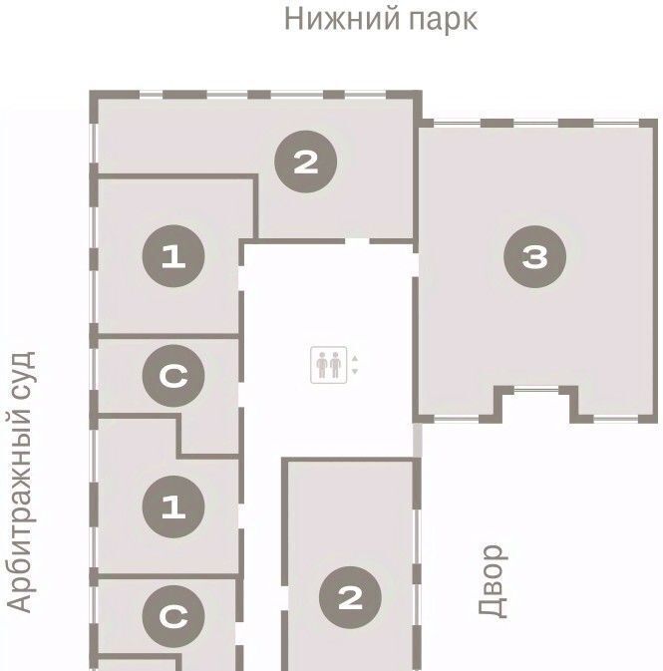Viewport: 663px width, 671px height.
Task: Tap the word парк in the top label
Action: pos(444,21)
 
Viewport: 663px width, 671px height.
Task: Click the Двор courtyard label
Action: pos(493,581)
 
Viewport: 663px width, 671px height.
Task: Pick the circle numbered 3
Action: pos(535,257)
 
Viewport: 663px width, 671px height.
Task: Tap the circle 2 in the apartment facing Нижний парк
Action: pos(306,162)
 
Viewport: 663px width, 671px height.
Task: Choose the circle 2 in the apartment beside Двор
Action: pos(350,598)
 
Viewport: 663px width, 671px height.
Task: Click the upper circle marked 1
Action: pos(173,256)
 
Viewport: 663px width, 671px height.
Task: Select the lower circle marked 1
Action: pos(173,506)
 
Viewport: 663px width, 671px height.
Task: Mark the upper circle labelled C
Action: pos(173,376)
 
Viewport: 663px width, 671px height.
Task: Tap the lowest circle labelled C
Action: pos(173,616)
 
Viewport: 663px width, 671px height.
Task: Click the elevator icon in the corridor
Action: pos(329,365)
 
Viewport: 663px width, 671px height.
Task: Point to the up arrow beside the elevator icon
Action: pos(354,359)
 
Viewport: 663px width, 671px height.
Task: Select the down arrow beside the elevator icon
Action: pos(354,371)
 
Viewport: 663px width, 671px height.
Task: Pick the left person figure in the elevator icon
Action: pos(322,365)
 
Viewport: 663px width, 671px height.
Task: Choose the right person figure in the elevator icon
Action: pos(336,365)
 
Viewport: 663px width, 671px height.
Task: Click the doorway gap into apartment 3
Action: pos(415,265)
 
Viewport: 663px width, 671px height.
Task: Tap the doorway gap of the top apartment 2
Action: pos(357,241)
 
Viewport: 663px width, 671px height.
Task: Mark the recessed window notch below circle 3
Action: pos(536,402)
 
